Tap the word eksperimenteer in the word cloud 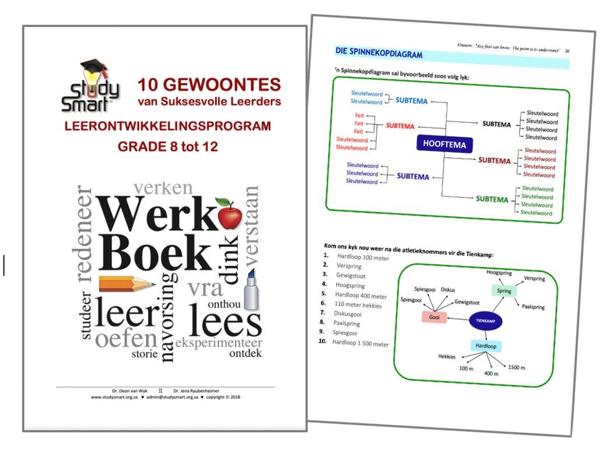coord(219,342)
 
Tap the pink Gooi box coord(434,317)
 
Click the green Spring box coord(503,291)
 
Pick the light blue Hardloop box coord(486,346)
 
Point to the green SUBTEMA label coord(492,199)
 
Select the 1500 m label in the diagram coord(516,367)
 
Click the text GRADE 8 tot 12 coord(168,146)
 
